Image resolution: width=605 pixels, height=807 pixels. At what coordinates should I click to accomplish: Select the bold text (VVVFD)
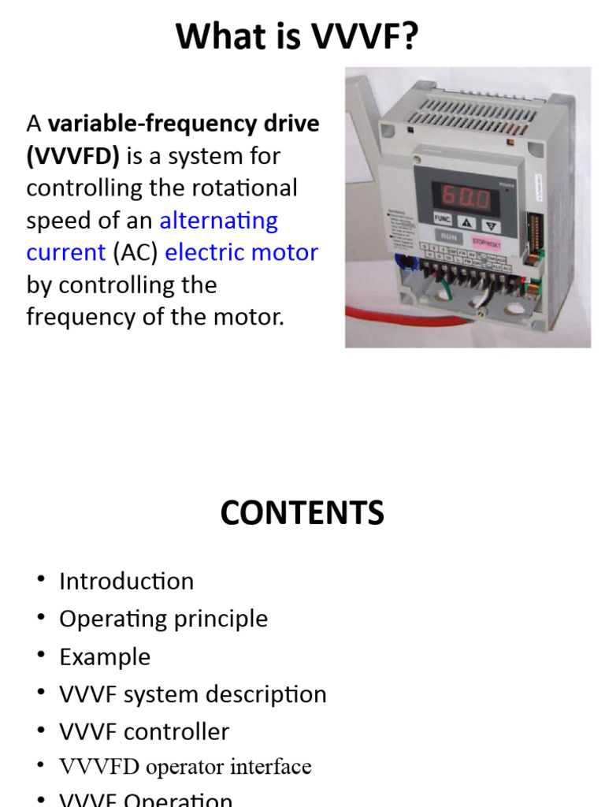click(x=73, y=156)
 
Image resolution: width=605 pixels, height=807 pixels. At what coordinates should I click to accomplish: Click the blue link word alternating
click(x=219, y=220)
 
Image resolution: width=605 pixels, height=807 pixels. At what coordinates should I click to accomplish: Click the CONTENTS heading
click(x=302, y=513)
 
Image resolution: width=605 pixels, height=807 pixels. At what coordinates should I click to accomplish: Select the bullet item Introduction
click(x=126, y=581)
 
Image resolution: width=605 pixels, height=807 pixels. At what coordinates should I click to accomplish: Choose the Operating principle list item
click(x=163, y=619)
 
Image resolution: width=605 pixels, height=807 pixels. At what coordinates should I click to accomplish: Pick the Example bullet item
click(x=105, y=656)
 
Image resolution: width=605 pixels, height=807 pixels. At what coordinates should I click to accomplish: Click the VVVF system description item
click(x=192, y=694)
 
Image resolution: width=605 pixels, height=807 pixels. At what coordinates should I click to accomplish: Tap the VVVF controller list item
click(x=144, y=731)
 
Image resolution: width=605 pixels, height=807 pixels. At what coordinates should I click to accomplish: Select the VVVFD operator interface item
click(x=185, y=767)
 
